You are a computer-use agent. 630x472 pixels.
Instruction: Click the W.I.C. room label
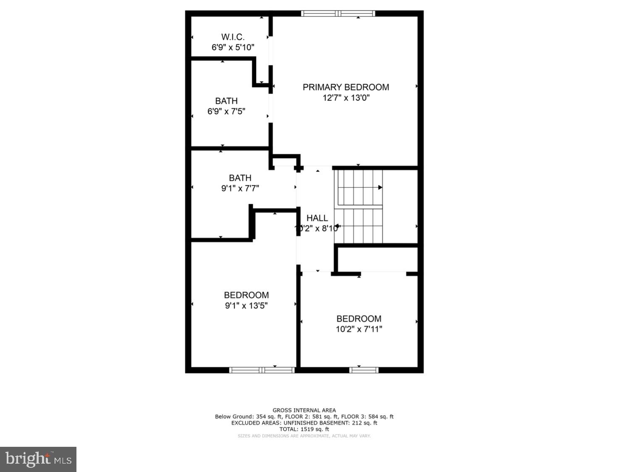(233, 37)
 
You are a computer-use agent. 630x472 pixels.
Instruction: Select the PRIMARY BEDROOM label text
(346, 87)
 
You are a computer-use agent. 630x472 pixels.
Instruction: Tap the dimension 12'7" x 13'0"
(346, 98)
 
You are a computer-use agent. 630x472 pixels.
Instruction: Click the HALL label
(317, 218)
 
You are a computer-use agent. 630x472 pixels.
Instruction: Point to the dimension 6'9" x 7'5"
(226, 111)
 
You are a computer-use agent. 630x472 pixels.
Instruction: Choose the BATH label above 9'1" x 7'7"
(240, 178)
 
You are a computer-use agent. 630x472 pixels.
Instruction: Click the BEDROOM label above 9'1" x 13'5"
(246, 295)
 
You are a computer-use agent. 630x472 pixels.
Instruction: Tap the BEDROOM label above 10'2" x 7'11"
(359, 319)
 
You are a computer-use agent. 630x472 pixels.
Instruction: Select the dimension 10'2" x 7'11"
(359, 329)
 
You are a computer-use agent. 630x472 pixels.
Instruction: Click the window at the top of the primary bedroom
(338, 13)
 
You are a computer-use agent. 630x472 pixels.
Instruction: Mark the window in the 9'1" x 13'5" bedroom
(262, 370)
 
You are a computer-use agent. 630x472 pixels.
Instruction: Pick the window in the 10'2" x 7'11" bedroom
(364, 370)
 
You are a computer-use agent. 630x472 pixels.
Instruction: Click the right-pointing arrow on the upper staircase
(380, 187)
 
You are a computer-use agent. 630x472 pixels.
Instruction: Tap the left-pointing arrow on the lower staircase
(337, 226)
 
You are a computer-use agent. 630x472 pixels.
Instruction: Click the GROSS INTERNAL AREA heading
(304, 410)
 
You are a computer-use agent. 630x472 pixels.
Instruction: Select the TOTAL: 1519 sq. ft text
(304, 429)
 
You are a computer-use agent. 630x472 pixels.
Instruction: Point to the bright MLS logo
(38, 459)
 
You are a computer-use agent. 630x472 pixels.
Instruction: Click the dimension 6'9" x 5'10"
(233, 47)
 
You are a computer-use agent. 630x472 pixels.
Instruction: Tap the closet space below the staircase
(378, 259)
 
